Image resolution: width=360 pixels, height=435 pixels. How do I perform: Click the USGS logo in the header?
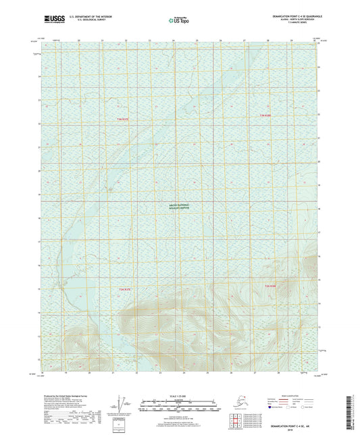pyautogui.click(x=49, y=22)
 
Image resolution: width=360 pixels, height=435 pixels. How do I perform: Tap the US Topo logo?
pyautogui.click(x=179, y=22)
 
